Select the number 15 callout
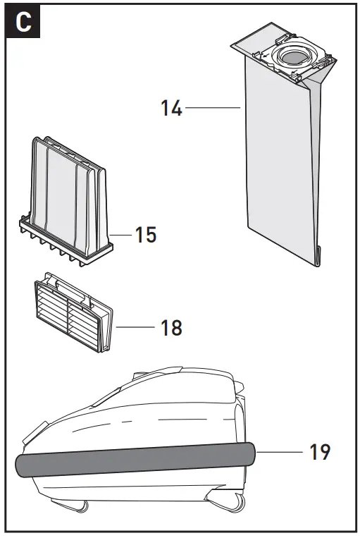[x=145, y=234]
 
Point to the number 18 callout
[x=170, y=327]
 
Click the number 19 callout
[x=319, y=451]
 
